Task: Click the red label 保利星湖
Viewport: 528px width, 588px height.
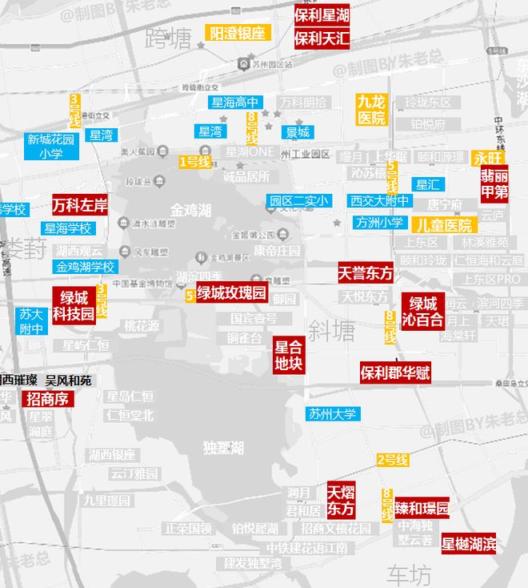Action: tap(322, 15)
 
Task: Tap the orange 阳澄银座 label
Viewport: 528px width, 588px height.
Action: tap(238, 33)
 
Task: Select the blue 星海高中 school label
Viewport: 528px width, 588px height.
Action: tap(235, 103)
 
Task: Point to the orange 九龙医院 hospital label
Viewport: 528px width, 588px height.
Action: tap(371, 110)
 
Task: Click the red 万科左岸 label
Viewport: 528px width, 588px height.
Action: tap(80, 205)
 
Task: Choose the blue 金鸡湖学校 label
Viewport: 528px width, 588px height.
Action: tap(86, 267)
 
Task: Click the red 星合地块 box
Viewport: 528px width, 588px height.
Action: tap(289, 355)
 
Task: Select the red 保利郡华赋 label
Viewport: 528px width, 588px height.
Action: tap(395, 373)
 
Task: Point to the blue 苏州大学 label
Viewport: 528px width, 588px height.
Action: tap(333, 414)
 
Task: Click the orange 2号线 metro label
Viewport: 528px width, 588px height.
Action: tap(393, 460)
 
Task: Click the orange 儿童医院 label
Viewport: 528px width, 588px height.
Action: tap(445, 225)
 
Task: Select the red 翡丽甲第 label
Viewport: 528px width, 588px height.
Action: tap(494, 183)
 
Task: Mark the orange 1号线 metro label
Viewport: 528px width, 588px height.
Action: tap(194, 162)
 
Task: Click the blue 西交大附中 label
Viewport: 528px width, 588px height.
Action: tap(379, 201)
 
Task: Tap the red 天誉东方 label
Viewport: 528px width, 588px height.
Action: tap(366, 273)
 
